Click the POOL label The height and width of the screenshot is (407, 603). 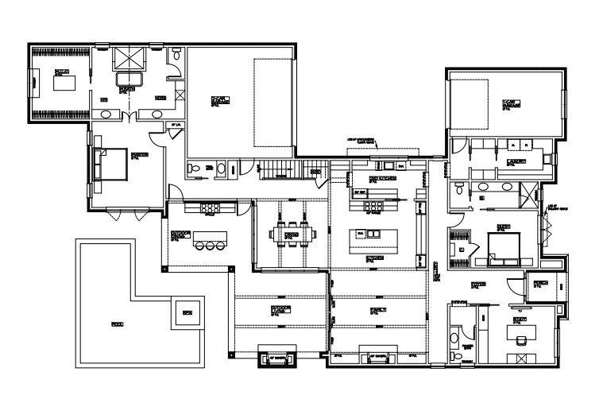click(x=118, y=324)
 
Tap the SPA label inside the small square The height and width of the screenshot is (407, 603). click(x=187, y=312)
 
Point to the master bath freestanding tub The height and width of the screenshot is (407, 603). click(x=127, y=80)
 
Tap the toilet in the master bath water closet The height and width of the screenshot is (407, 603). click(x=176, y=56)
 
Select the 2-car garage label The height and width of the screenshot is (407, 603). click(x=220, y=99)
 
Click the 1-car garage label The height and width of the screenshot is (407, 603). click(x=508, y=103)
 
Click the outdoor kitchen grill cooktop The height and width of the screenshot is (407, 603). click(x=210, y=208)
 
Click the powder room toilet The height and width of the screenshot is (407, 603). click(x=454, y=339)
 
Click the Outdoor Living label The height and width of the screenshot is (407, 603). click(x=280, y=309)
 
